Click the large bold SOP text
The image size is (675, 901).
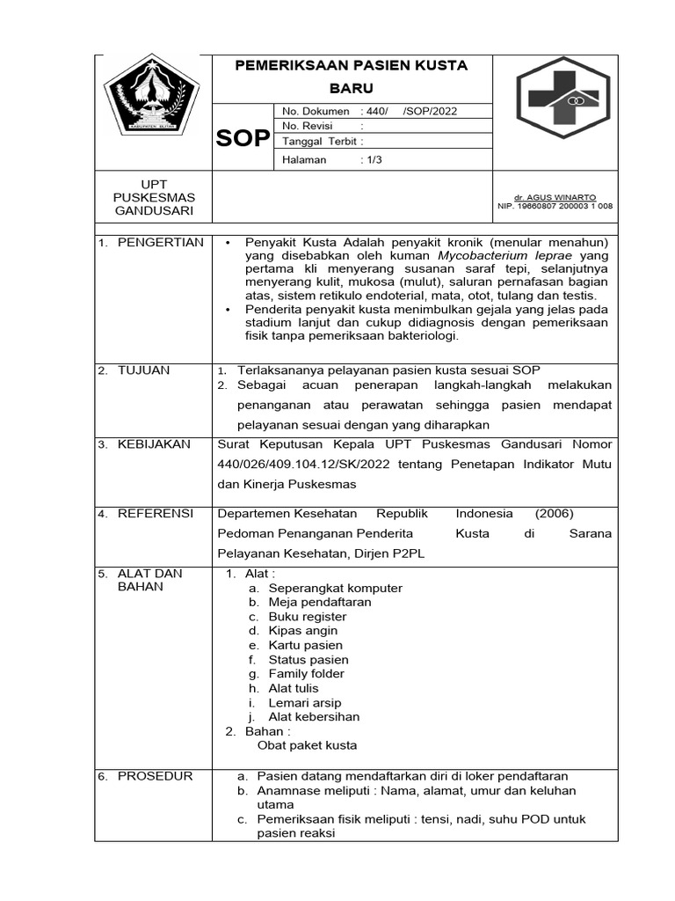coord(243,138)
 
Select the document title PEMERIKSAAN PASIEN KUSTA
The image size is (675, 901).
coord(351,66)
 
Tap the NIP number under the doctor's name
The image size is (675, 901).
coord(555,207)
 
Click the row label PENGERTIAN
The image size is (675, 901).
coord(161,242)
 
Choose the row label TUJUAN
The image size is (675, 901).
coord(144,370)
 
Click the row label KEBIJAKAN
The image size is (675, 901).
coord(154,444)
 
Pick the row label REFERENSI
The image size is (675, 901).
coord(156,514)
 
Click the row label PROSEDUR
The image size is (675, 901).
coord(155,776)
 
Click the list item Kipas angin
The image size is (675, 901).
coord(302,631)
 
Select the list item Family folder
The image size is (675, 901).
coord(308,674)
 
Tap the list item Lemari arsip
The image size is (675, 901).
coord(304,703)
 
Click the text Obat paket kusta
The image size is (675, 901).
coord(307,745)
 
